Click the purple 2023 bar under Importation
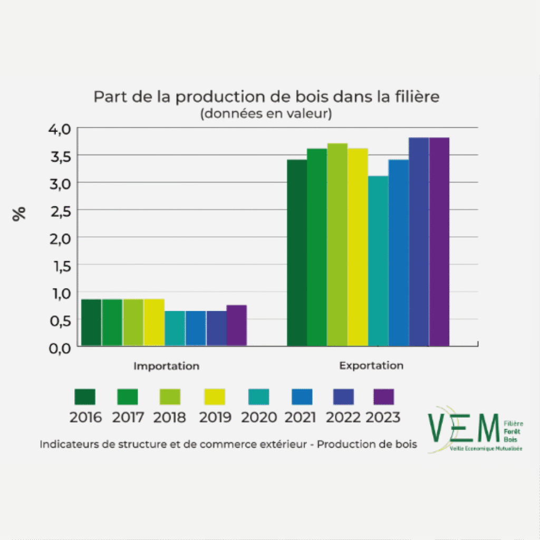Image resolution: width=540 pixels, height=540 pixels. click(x=237, y=325)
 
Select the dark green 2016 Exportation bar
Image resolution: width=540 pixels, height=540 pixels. click(x=297, y=253)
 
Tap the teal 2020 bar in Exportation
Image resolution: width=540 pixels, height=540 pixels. click(x=378, y=261)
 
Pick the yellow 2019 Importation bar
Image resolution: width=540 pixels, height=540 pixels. click(x=154, y=322)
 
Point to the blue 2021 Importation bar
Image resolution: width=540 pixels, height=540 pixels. click(x=195, y=328)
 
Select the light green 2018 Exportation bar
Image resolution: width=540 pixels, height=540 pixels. click(x=337, y=245)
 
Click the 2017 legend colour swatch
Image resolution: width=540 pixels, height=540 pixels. click(x=127, y=397)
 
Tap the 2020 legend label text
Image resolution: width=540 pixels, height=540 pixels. click(x=258, y=417)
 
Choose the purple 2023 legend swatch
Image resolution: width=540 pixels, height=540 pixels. click(x=383, y=397)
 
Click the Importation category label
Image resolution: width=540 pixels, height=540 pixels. click(x=166, y=366)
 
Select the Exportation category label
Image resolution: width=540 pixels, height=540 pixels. click(x=371, y=365)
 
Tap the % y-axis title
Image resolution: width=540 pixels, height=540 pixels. click(x=20, y=214)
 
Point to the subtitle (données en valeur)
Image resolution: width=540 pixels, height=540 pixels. click(x=266, y=114)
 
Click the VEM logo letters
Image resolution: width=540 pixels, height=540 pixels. click(x=463, y=428)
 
